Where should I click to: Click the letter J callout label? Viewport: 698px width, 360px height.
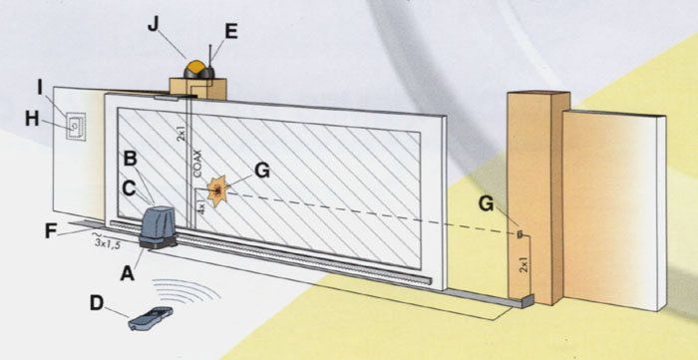coord(153,25)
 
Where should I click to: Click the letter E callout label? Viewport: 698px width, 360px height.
coord(231,32)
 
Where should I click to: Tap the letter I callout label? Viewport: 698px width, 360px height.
coord(40,89)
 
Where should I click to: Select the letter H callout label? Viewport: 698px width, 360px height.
coord(32,119)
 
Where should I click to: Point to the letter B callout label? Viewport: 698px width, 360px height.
coord(130,159)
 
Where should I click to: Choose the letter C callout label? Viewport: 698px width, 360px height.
coord(129,188)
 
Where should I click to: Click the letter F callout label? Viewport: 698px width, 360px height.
coord(51,231)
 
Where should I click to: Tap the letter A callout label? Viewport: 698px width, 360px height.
coord(127,273)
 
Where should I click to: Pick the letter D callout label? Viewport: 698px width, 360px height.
coord(97,303)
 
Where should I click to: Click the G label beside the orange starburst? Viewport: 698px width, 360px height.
coord(261,171)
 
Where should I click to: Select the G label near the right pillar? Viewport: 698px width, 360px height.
coord(487,203)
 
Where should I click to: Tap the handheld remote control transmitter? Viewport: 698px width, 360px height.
coord(150,318)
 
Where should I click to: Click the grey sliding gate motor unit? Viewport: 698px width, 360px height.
coord(158,225)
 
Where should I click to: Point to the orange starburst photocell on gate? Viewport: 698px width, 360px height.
coord(218,191)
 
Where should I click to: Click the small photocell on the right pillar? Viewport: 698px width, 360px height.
coord(520,234)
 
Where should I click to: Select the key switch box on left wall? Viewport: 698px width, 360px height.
coord(75,127)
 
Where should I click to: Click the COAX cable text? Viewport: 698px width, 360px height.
coord(198,164)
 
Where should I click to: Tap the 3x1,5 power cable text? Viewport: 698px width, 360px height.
coord(108,242)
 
